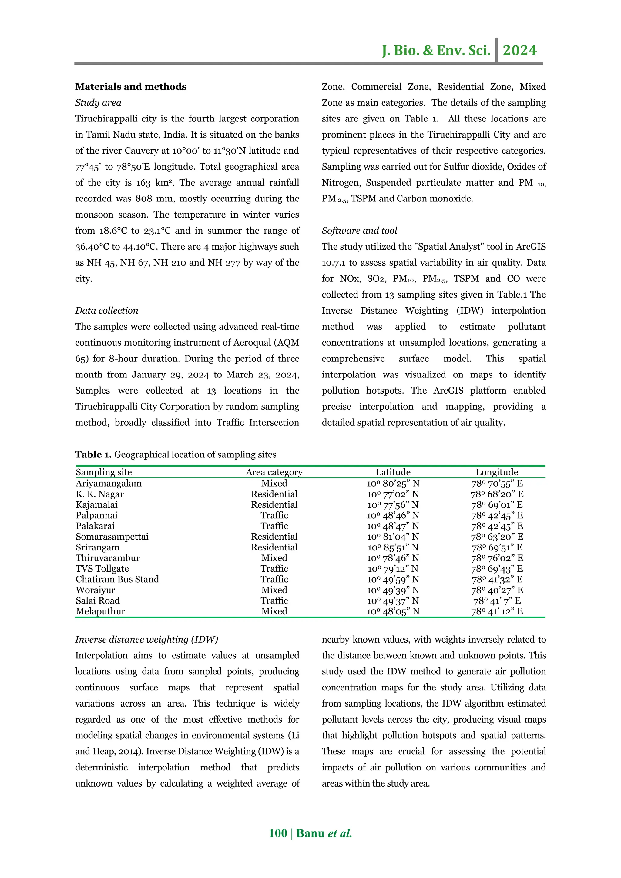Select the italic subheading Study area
(98, 103)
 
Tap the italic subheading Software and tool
(359, 231)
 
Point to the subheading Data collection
(106, 311)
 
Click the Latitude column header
(393, 472)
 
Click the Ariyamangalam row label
(108, 483)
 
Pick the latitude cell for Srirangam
(393, 547)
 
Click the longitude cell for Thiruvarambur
(497, 558)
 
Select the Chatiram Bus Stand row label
(117, 579)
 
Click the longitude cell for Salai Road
(497, 601)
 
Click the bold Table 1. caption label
(93, 455)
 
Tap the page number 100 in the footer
(278, 833)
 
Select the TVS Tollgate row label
(102, 569)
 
